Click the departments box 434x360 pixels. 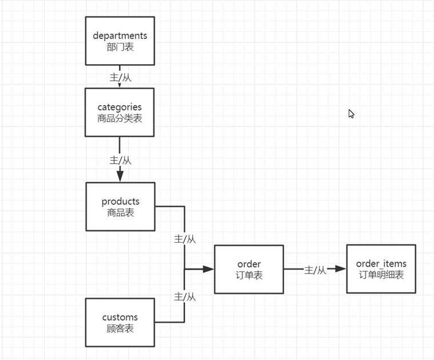point(120,41)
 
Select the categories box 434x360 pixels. point(120,112)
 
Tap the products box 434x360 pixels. point(120,207)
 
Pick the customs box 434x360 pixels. point(120,322)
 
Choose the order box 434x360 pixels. point(249,269)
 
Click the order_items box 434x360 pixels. point(381,269)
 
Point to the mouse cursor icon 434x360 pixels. point(351,113)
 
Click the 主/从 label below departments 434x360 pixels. point(120,77)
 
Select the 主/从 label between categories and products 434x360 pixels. point(120,160)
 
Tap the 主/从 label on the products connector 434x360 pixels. point(185,239)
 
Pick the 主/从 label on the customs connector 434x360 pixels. point(185,296)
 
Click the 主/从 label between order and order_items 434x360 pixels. point(315,270)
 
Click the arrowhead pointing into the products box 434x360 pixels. point(120,176)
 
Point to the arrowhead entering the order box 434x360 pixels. point(208,268)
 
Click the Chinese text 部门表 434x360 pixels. point(120,47)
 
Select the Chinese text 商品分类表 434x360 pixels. point(120,118)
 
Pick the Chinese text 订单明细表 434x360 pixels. point(381,275)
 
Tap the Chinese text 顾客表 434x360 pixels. point(120,329)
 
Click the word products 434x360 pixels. point(120,201)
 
